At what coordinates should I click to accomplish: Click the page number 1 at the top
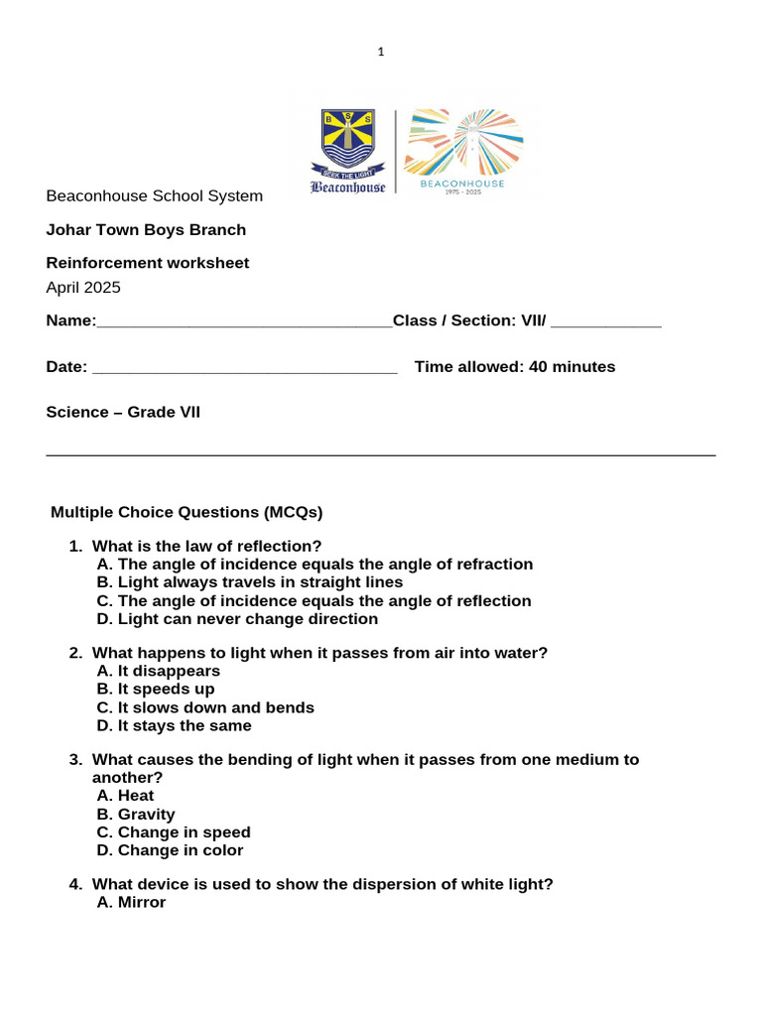coord(380,53)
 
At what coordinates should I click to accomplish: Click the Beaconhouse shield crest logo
coord(347,145)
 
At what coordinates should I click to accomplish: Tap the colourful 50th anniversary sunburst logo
coord(462,143)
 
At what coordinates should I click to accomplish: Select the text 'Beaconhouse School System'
coord(154,196)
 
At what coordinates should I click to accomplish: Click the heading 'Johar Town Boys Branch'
coord(146,230)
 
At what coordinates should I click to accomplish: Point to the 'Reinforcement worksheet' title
coord(148,263)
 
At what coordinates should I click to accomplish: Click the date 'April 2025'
coord(83,288)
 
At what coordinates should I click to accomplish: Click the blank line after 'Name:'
coord(244,322)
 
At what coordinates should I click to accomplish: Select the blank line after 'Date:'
coord(244,368)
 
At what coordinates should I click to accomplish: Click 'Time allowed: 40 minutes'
coord(514,367)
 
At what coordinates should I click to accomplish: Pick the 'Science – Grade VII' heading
coord(123,412)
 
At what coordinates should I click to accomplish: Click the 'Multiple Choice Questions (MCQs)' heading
coord(187,513)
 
